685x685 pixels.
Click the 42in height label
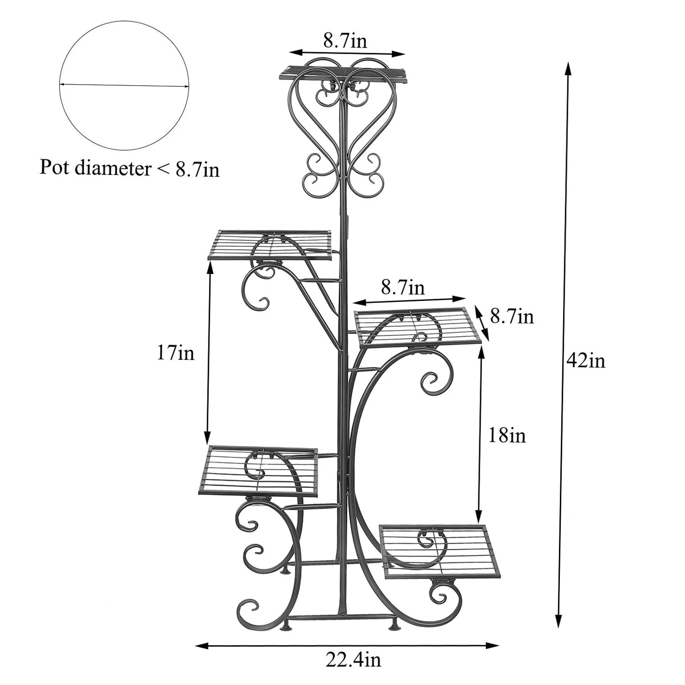[x=585, y=362]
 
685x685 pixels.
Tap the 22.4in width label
[x=353, y=659]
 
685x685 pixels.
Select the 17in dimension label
[x=175, y=353]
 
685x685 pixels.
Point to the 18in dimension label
[x=507, y=435]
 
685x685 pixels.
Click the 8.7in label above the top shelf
[x=345, y=41]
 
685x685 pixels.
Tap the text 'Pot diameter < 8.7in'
[x=129, y=168]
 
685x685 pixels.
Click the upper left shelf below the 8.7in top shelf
[x=270, y=245]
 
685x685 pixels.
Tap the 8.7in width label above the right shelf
[x=402, y=287]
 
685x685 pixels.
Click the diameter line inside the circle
[x=124, y=85]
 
